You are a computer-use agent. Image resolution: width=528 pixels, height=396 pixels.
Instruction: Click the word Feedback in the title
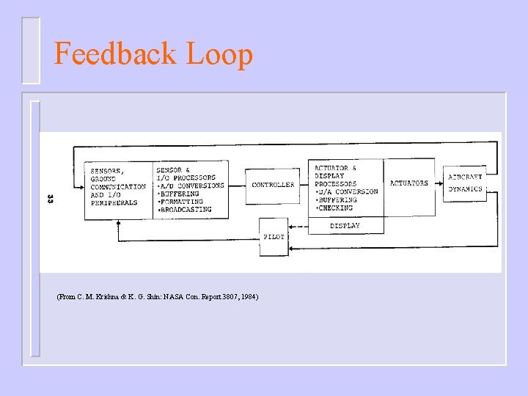(116, 54)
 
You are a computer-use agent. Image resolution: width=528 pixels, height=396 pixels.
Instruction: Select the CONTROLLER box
(273, 185)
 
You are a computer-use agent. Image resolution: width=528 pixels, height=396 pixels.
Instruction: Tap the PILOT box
(274, 237)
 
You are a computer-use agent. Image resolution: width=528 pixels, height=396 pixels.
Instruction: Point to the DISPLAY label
(345, 226)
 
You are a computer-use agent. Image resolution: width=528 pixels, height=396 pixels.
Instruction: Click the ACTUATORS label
(409, 183)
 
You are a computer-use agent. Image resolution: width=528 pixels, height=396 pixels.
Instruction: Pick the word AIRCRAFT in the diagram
(466, 177)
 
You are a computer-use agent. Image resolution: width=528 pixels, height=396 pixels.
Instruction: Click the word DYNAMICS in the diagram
(466, 189)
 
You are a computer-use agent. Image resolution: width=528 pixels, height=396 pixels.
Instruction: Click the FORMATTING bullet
(182, 202)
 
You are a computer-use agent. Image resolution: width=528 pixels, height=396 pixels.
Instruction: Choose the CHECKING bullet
(335, 208)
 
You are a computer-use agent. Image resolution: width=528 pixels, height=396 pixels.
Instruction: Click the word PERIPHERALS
(114, 202)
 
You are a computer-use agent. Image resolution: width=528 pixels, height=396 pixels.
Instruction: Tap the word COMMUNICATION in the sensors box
(117, 187)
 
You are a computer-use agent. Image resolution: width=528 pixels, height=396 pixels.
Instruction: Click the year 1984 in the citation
(249, 296)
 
